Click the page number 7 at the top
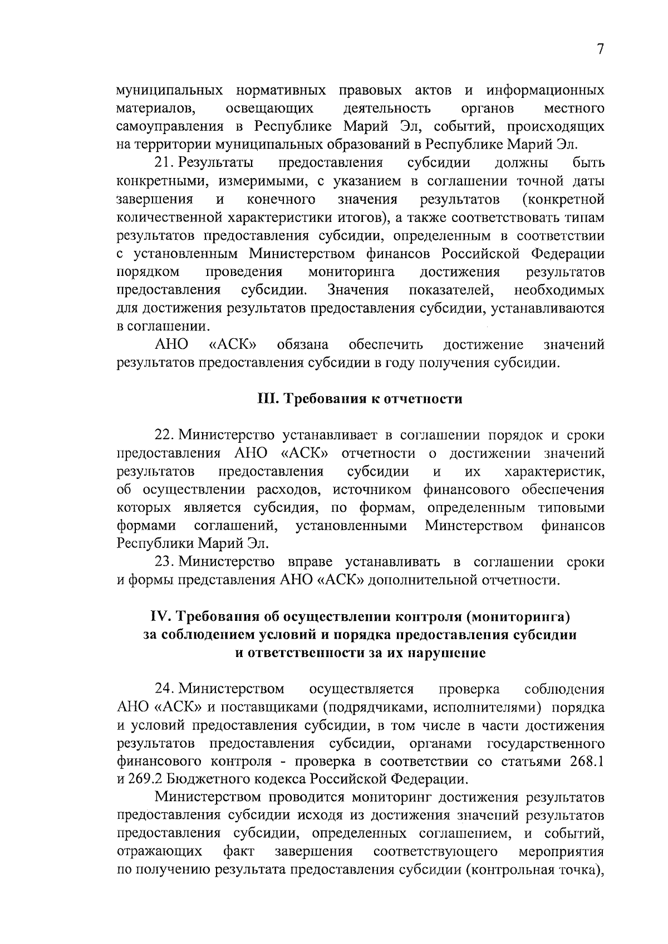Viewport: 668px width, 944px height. [x=600, y=50]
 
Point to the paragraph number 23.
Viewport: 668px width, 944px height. [x=164, y=562]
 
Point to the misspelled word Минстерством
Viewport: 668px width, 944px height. [x=474, y=526]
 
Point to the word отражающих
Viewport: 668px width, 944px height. [x=160, y=853]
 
